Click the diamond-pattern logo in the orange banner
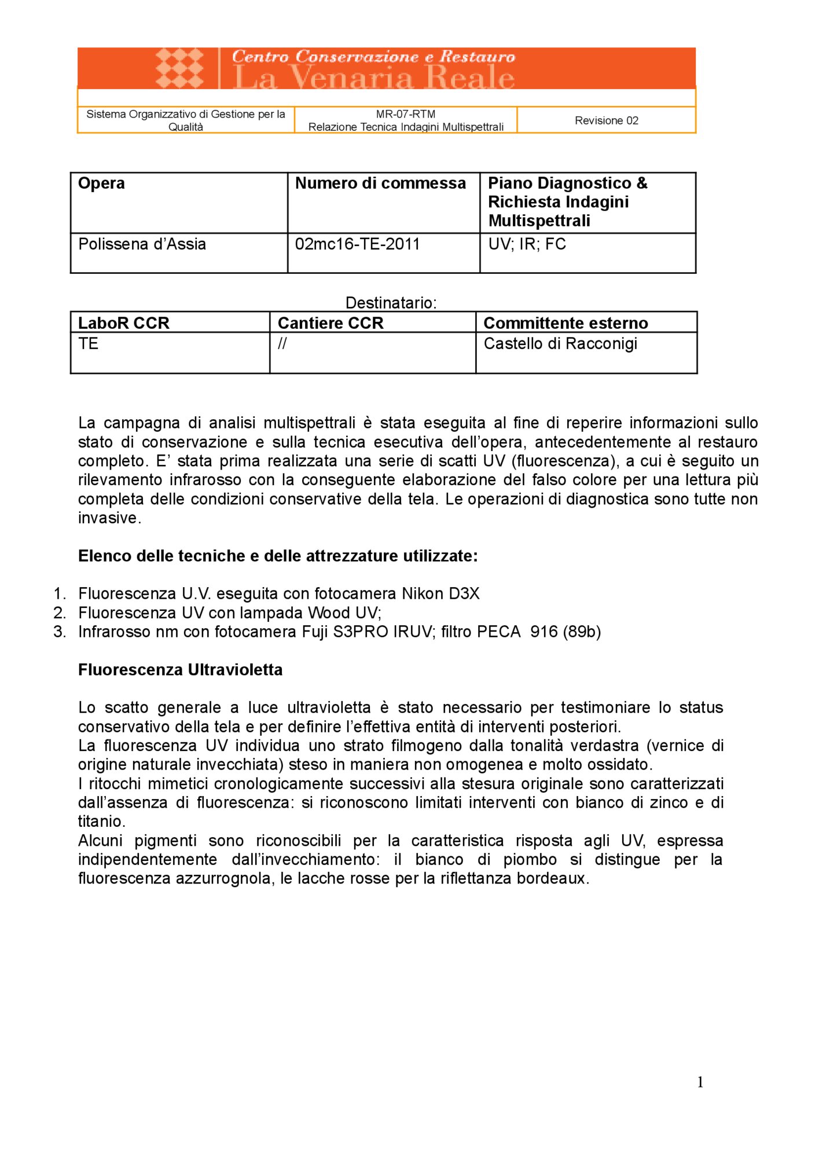pos(179,68)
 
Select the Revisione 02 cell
pos(606,120)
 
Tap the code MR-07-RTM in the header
pos(405,114)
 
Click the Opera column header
pos(101,184)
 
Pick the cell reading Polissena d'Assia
pos(142,244)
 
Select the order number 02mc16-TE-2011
pos(357,244)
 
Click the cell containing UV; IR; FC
pos(527,244)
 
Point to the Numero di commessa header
pos(380,184)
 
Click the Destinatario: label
pos(391,303)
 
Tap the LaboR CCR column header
pos(123,323)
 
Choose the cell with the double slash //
pos(282,344)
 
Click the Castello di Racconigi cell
pos(560,344)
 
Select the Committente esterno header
pos(565,323)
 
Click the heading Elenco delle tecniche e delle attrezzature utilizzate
pos(278,556)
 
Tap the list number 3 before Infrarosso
pos(59,632)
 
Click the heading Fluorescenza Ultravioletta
pos(180,670)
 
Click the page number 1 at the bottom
pos(700,1082)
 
